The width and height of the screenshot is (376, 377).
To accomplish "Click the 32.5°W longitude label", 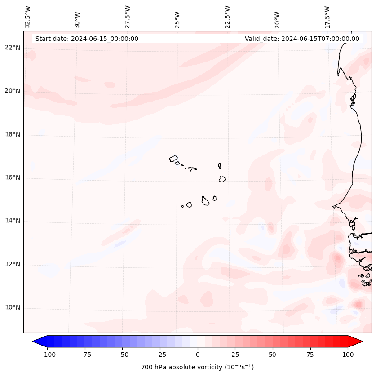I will [28, 17].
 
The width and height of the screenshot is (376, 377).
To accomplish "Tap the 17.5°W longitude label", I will [327, 17].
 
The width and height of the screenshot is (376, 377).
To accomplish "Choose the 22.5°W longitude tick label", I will [227, 17].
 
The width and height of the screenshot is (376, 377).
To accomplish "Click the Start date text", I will [87, 39].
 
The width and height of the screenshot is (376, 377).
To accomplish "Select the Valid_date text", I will [302, 39].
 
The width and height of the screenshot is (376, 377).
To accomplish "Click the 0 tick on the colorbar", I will [197, 355].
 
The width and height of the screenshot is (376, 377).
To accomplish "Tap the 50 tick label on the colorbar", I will [273, 355].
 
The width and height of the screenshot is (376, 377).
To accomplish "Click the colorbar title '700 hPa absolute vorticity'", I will [197, 367].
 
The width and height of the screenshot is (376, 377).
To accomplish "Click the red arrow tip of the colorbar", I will [359, 342].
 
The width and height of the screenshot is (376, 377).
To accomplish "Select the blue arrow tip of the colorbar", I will [36, 342].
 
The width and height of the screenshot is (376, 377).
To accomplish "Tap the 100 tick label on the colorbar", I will [348, 355].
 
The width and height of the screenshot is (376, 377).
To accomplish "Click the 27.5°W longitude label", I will [128, 17].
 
